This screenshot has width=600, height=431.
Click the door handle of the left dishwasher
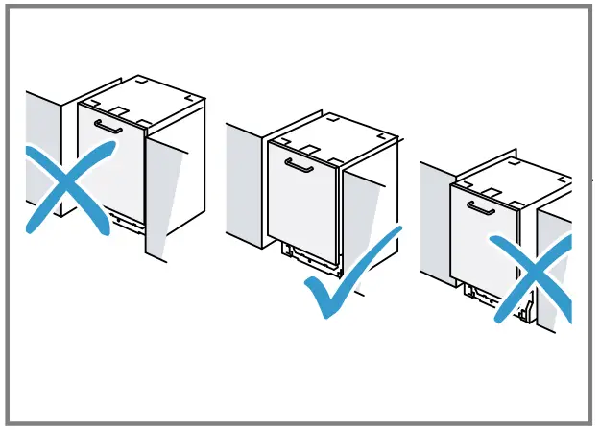tap(107, 127)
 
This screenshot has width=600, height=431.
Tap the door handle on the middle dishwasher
tap(300, 165)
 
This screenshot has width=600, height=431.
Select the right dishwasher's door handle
tap(480, 207)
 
